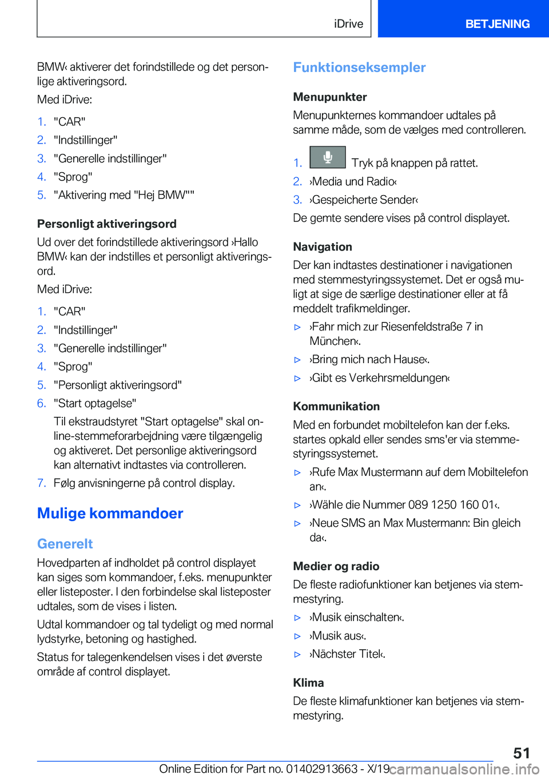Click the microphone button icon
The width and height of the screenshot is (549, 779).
[328, 157]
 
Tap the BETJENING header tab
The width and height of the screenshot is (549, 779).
[497, 24]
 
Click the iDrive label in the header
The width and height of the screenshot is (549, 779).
[348, 24]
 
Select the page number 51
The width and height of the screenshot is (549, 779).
[521, 753]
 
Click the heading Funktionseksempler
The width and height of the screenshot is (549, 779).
[359, 67]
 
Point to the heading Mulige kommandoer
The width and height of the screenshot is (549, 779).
[110, 514]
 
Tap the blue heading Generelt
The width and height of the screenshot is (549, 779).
[65, 544]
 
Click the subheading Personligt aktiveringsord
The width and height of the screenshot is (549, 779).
[106, 224]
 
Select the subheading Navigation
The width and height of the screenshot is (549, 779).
[323, 247]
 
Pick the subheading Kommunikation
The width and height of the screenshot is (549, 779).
[336, 406]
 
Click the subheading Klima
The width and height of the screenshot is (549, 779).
[308, 682]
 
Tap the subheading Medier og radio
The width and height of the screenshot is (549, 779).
[336, 566]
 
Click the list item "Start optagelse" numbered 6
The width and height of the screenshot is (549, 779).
[95, 403]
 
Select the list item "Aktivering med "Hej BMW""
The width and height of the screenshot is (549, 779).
[124, 195]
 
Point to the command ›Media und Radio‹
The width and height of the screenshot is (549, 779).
[353, 181]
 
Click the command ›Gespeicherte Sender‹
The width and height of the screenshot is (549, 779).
[364, 200]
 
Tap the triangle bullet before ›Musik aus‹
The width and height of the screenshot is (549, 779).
[297, 636]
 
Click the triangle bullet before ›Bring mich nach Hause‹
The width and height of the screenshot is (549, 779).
[297, 360]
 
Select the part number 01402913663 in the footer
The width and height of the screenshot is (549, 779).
[323, 769]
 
